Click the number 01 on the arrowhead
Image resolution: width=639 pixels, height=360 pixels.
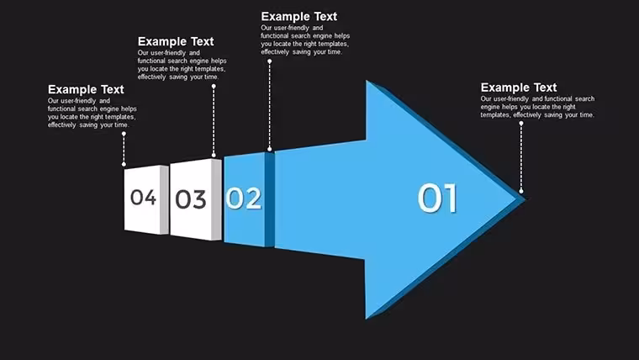pyautogui.click(x=437, y=198)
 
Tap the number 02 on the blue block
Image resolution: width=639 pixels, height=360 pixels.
pyautogui.click(x=243, y=199)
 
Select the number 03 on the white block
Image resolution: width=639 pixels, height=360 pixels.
pyautogui.click(x=190, y=200)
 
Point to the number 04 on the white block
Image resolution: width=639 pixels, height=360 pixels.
pyautogui.click(x=143, y=198)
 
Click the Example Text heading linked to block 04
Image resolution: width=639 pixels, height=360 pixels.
pyautogui.click(x=86, y=89)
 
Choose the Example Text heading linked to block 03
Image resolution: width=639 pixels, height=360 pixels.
pyautogui.click(x=176, y=41)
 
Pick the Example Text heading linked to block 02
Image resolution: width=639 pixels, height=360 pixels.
pyautogui.click(x=298, y=17)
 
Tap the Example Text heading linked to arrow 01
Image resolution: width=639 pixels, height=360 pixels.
pyautogui.click(x=519, y=87)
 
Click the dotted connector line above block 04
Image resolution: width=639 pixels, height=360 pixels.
pyautogui.click(x=124, y=149)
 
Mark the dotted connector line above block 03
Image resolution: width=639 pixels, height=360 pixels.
pyautogui.click(x=214, y=120)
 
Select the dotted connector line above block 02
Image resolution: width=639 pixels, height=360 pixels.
pyautogui.click(x=269, y=105)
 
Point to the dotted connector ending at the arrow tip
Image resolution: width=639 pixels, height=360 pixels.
pyautogui.click(x=520, y=157)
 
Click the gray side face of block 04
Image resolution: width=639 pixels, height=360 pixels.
pyautogui.click(x=164, y=200)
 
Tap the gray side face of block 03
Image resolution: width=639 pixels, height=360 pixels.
pyautogui.click(x=216, y=199)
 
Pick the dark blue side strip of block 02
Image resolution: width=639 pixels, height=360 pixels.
pyautogui.click(x=270, y=199)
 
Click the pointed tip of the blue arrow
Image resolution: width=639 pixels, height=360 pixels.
pyautogui.click(x=525, y=199)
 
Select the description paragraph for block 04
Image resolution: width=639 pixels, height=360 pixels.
pyautogui.click(x=92, y=113)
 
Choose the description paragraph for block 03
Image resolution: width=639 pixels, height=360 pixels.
pyautogui.click(x=182, y=65)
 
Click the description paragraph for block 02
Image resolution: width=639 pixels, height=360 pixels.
pyautogui.click(x=305, y=40)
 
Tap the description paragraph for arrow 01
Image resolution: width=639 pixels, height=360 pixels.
pyautogui.click(x=537, y=107)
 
